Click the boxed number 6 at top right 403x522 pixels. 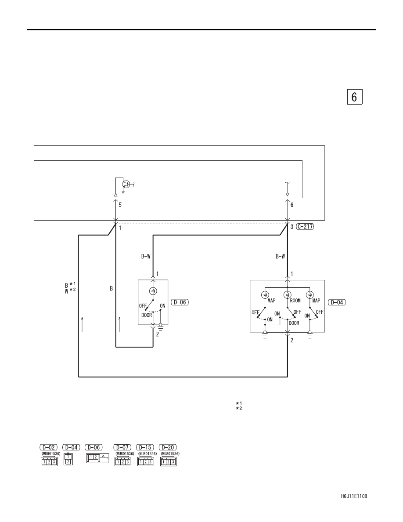[354, 97]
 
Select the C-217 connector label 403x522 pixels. [305, 227]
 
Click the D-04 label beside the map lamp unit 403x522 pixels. [337, 302]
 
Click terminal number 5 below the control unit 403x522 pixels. [120, 205]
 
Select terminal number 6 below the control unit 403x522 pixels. [292, 205]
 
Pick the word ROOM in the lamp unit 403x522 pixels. [295, 301]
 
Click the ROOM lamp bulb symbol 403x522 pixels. [287, 295]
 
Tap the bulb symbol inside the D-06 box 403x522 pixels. [153, 291]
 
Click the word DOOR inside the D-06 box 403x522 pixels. [147, 315]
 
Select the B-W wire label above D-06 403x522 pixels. [146, 256]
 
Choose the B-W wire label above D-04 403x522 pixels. [280, 256]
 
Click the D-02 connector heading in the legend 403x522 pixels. [49, 447]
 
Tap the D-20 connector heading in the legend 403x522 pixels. [168, 447]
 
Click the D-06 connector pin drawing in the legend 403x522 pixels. [97, 458]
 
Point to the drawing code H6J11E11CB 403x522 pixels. [354, 497]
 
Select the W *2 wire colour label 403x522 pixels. [70, 291]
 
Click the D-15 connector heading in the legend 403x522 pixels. [145, 447]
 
